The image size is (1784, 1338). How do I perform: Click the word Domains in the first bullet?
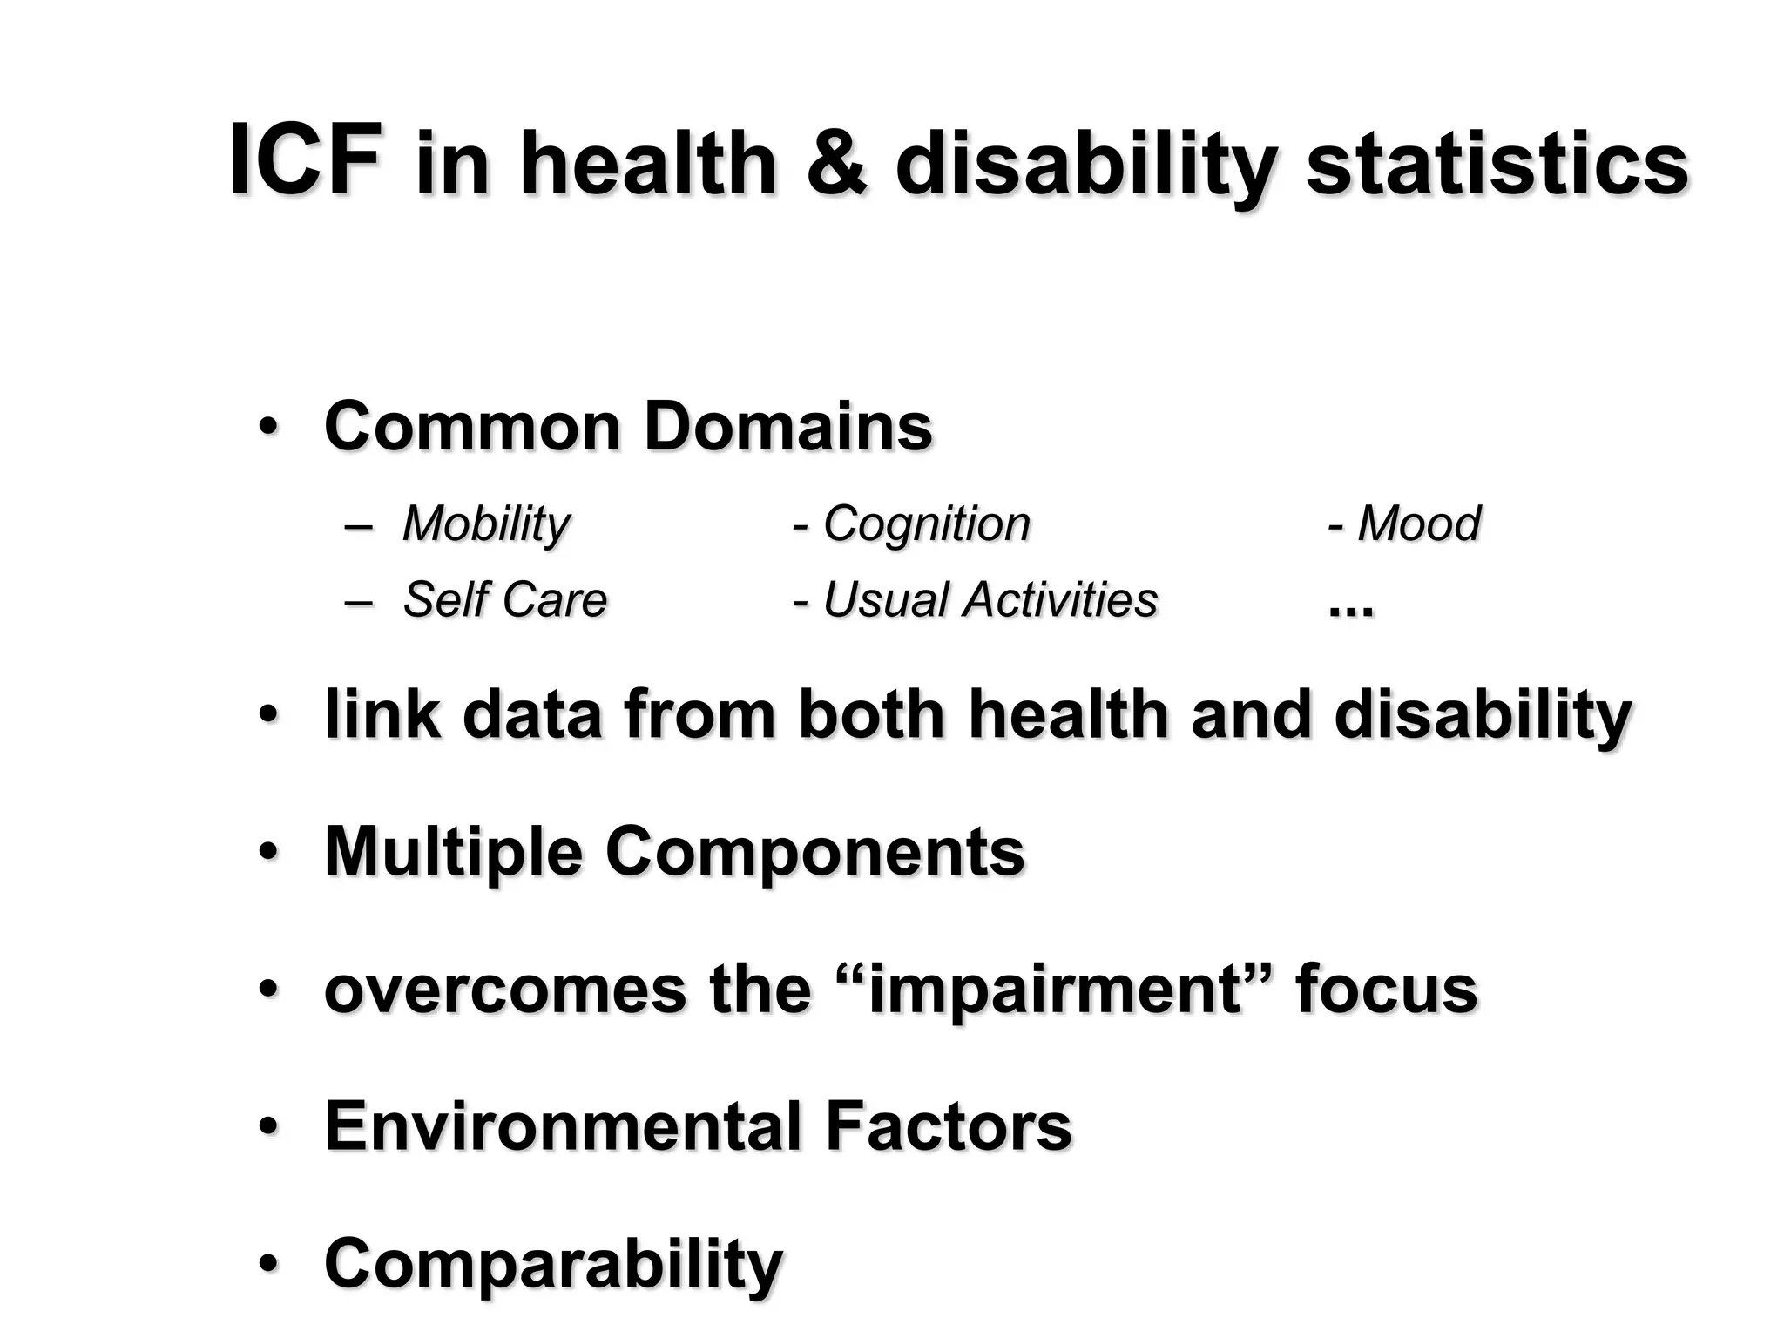[x=788, y=427]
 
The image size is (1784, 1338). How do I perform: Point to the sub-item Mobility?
[x=485, y=524]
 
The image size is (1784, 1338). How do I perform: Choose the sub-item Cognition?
[x=926, y=524]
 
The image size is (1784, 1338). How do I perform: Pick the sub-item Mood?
[x=1418, y=524]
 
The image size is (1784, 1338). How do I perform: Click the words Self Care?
[x=504, y=600]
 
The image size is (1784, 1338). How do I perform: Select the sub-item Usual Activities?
[x=990, y=600]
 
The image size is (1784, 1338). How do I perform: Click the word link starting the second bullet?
[x=382, y=714]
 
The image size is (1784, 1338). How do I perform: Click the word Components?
[x=814, y=852]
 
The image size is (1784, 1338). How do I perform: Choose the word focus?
[x=1386, y=990]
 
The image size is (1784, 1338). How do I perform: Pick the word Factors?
[x=948, y=1126]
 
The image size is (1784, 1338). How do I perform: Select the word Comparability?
[x=553, y=1265]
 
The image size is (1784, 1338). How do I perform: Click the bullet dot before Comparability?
[x=268, y=1265]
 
